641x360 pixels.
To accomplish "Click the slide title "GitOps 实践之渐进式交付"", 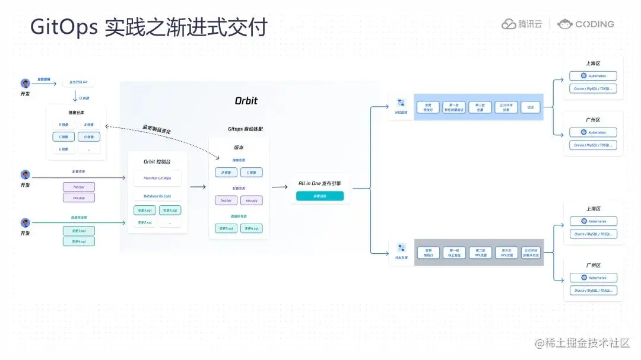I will tap(149, 27).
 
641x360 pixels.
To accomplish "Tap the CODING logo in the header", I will tap(586, 24).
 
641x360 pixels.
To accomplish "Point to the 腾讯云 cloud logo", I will tap(522, 24).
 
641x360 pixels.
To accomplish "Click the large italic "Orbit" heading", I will tap(246, 100).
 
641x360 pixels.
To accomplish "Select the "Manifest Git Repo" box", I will tap(158, 177).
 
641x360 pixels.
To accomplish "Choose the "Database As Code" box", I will tap(158, 196).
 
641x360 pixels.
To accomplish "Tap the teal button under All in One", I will tap(320, 196).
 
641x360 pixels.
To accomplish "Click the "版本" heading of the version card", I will tap(239, 148).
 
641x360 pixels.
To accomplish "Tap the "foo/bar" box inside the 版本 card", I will tap(226, 200).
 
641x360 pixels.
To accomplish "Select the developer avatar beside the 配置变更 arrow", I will tap(26, 175).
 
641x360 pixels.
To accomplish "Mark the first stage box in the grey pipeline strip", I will tap(429, 252).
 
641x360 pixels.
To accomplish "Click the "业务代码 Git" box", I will tap(78, 82).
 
